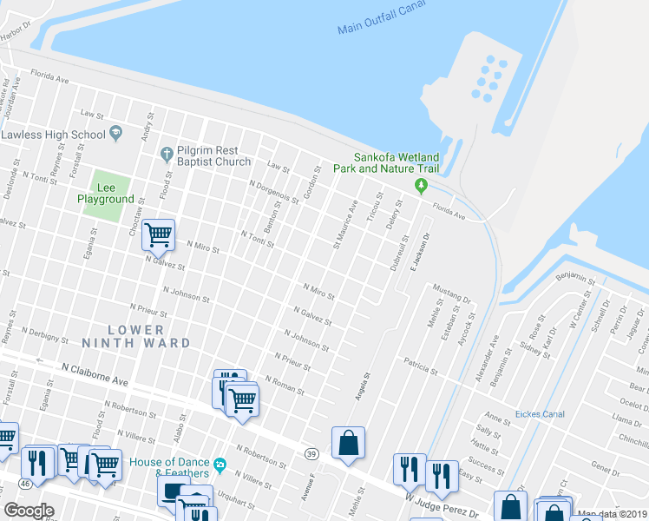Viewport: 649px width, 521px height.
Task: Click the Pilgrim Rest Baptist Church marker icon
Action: pyautogui.click(x=167, y=155)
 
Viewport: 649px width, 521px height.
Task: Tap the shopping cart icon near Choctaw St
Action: pyautogui.click(x=158, y=234)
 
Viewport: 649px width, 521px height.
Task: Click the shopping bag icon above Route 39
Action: pyautogui.click(x=348, y=442)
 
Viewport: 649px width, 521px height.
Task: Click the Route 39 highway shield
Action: pyautogui.click(x=310, y=453)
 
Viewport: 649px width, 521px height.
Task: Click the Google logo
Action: pyautogui.click(x=29, y=511)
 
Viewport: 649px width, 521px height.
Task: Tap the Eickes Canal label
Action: pyautogui.click(x=539, y=414)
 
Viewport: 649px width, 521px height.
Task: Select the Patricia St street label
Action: pyautogui.click(x=420, y=366)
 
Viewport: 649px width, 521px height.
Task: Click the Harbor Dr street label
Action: pyautogui.click(x=13, y=32)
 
